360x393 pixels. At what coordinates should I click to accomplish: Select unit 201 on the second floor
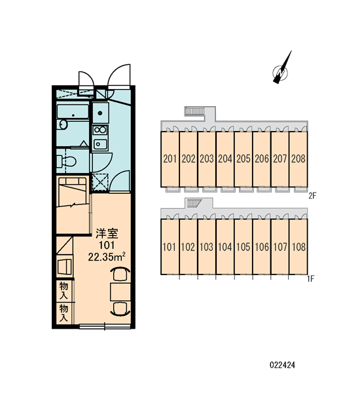pyautogui.click(x=170, y=159)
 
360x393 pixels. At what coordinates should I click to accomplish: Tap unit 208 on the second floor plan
pyautogui.click(x=298, y=159)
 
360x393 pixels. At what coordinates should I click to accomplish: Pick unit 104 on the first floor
pyautogui.click(x=225, y=247)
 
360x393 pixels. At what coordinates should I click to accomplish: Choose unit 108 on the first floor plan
pyautogui.click(x=298, y=247)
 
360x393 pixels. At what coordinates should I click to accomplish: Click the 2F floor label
pyautogui.click(x=312, y=195)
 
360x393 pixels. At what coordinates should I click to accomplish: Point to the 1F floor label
pyautogui.click(x=311, y=278)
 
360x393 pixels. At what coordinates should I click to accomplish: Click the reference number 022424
pyautogui.click(x=282, y=365)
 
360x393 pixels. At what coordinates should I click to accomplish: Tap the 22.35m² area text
pyautogui.click(x=107, y=257)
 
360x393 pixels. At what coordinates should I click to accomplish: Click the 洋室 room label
pyautogui.click(x=107, y=234)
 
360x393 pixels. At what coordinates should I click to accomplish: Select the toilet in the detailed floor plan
pyautogui.click(x=66, y=161)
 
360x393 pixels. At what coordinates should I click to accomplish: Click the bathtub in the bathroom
pyautogui.click(x=73, y=112)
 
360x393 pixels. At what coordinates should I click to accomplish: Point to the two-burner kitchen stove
pyautogui.click(x=100, y=130)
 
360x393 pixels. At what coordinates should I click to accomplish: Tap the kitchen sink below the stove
pyautogui.click(x=100, y=144)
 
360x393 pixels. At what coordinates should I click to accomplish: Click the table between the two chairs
pyautogui.click(x=120, y=292)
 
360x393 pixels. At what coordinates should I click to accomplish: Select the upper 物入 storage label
pyautogui.click(x=63, y=290)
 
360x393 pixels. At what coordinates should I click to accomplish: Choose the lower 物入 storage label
pyautogui.click(x=63, y=313)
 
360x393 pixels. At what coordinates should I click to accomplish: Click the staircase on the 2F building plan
pyautogui.click(x=195, y=111)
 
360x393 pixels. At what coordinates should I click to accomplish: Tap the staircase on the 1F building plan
pyautogui.click(x=193, y=203)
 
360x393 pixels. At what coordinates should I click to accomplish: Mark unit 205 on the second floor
pyautogui.click(x=243, y=159)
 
